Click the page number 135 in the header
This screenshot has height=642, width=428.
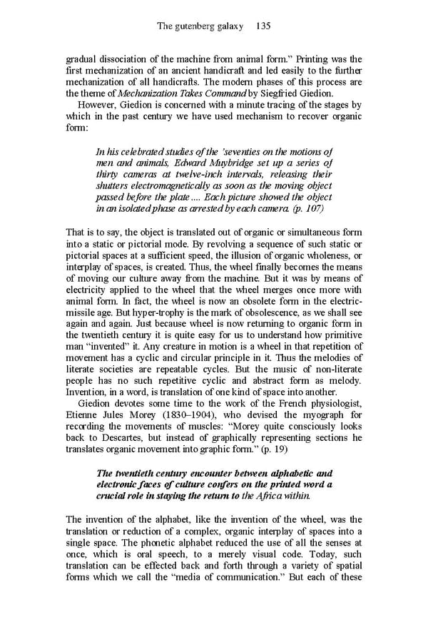click(262, 26)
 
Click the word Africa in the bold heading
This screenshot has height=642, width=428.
click(270, 496)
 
